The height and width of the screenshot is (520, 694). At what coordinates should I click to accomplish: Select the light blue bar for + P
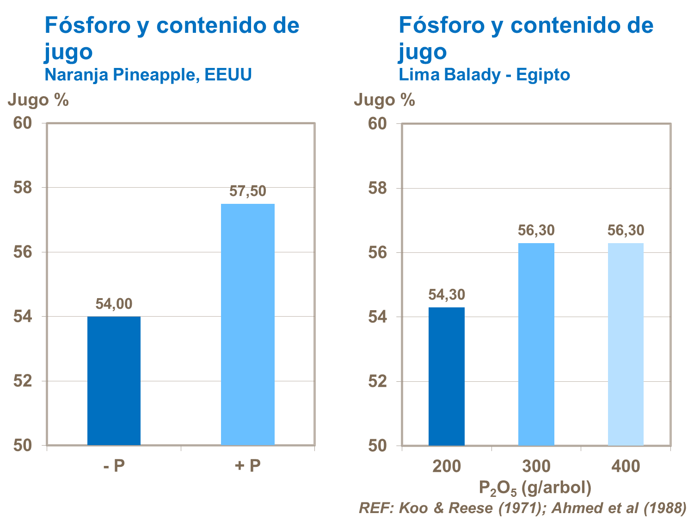247,324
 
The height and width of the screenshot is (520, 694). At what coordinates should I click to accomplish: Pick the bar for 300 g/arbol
536,344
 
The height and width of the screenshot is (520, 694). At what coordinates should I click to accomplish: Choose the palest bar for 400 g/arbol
626,344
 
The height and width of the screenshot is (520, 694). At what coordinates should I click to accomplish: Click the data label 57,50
248,191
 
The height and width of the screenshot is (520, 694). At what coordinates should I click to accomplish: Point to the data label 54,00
114,304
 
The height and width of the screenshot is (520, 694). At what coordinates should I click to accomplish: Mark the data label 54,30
446,294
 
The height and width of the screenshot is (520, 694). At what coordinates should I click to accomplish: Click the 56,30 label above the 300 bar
536,230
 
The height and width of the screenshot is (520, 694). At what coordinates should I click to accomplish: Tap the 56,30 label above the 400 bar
626,230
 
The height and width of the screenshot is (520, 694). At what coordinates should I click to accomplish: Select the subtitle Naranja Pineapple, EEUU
148,74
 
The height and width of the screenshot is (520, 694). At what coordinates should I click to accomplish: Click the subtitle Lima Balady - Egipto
484,74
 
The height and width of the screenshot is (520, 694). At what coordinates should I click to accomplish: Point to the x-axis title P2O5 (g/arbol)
535,488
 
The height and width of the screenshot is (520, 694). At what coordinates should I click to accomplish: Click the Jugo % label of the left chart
38,100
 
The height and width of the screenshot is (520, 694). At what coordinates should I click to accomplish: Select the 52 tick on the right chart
377,381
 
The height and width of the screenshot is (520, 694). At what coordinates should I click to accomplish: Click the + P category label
248,465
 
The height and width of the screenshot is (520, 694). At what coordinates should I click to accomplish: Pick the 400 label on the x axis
626,466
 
